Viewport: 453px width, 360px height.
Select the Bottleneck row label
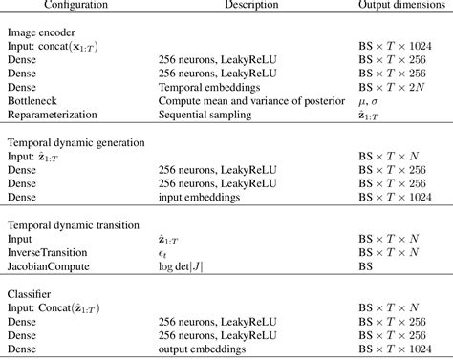pos(33,98)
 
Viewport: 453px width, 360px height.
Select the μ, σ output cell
pos(372,99)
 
